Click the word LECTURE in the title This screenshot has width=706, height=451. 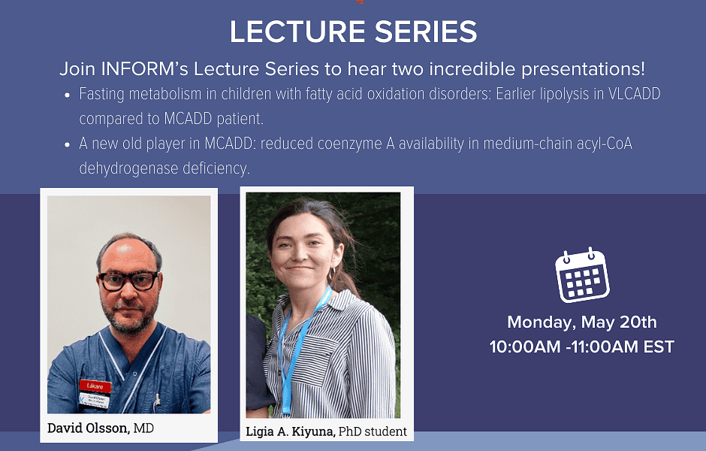point(297,32)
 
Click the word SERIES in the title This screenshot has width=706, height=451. point(426,32)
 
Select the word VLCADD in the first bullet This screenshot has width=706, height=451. point(634,94)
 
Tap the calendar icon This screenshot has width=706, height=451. point(582,275)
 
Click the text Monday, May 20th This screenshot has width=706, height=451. point(582,322)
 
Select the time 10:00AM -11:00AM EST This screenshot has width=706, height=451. point(582,347)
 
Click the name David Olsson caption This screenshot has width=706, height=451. point(89,428)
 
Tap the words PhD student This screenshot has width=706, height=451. point(373,431)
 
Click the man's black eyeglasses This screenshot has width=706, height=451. point(128,281)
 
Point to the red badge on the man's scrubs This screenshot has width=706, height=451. point(95,386)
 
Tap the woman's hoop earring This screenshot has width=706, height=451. point(332,274)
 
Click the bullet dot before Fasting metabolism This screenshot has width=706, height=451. point(68,95)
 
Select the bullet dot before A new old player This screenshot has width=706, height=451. point(68,144)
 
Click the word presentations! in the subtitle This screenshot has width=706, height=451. point(583,69)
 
